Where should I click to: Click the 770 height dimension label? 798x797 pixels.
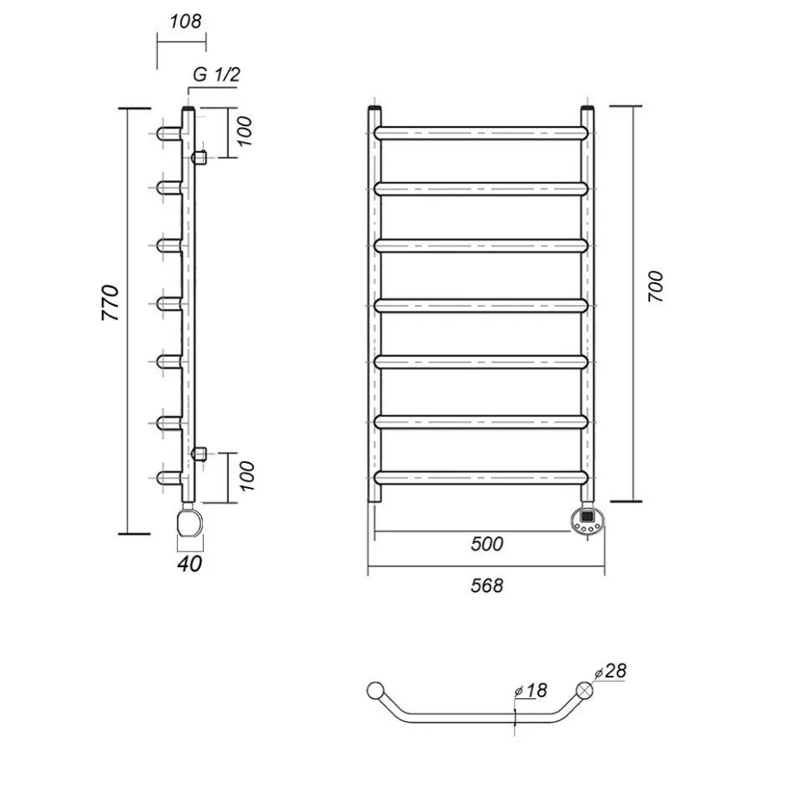tap(111, 302)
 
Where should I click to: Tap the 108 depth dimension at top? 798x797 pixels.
tap(186, 22)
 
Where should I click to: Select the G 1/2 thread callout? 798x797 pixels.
tap(216, 75)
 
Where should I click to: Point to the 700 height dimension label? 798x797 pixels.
tap(657, 286)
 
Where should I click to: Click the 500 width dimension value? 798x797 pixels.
tap(487, 544)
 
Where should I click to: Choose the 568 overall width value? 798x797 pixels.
tap(487, 586)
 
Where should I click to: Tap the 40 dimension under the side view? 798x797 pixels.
tap(190, 564)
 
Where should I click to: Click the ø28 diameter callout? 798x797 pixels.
tap(610, 671)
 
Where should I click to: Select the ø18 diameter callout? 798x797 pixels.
tap(531, 691)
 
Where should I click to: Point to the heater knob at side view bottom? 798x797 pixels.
tap(190, 520)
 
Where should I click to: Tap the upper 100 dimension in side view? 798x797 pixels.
tap(244, 131)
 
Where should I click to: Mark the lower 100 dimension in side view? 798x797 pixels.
tap(247, 476)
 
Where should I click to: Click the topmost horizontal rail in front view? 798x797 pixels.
tap(481, 133)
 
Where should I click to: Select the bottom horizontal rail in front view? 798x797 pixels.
tap(481, 478)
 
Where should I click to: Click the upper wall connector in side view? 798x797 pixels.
tap(199, 157)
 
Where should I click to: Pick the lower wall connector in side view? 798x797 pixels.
tap(199, 453)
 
